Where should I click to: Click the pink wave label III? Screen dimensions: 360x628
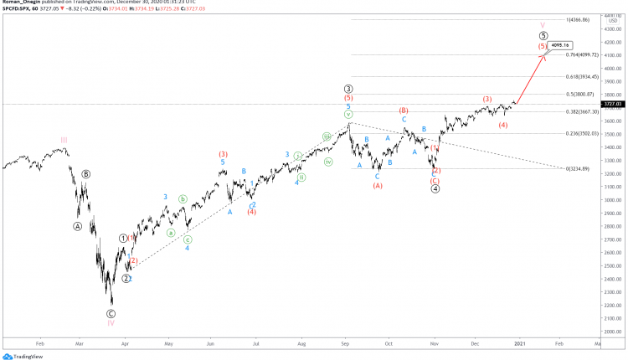(x=64, y=140)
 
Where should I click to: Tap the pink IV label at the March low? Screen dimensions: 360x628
(x=111, y=321)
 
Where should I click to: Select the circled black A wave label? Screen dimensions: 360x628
(x=78, y=226)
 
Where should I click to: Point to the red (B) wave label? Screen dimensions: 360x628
(x=403, y=110)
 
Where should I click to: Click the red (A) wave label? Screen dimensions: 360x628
(x=378, y=186)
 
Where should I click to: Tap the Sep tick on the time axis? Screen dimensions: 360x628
(x=345, y=343)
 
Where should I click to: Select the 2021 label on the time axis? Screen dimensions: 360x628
(x=520, y=343)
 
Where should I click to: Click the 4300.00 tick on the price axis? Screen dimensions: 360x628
(x=613, y=28)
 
